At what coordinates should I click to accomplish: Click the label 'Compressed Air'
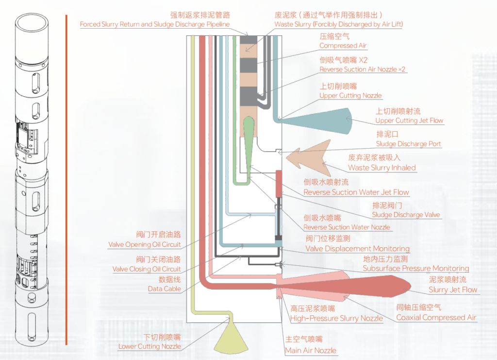pyautogui.click(x=343, y=46)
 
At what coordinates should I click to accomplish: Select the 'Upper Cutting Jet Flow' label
pyautogui.click(x=409, y=120)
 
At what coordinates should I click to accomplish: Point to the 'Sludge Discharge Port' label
pyautogui.click(x=409, y=144)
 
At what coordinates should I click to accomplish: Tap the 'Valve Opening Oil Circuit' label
pyautogui.click(x=144, y=244)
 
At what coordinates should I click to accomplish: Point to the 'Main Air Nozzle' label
pyautogui.click(x=310, y=350)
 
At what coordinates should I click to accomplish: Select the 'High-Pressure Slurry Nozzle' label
pyautogui.click(x=336, y=318)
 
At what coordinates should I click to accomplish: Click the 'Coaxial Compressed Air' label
pyautogui.click(x=436, y=317)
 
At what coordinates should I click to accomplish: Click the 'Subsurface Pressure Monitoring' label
pyautogui.click(x=416, y=268)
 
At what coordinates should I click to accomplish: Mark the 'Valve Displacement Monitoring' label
pyautogui.click(x=357, y=249)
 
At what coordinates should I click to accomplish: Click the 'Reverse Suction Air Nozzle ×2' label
pyautogui.click(x=362, y=69)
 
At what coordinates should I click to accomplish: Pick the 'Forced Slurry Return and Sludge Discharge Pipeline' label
pyautogui.click(x=154, y=24)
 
